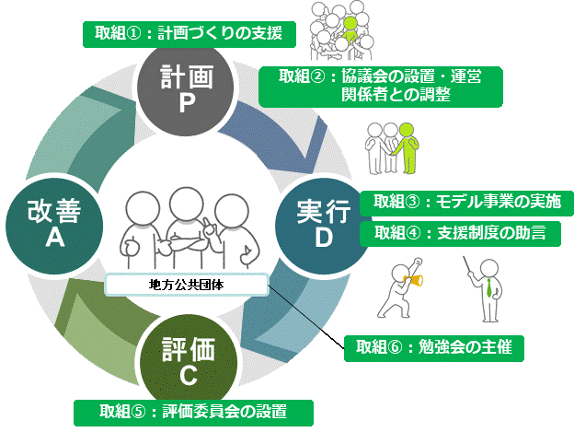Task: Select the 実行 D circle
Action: point(323,224)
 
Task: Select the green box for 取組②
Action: point(381,85)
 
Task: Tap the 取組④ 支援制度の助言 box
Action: point(459,233)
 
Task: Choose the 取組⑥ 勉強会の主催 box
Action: point(435,348)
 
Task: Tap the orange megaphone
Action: point(413,277)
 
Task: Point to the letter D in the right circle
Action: point(324,239)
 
